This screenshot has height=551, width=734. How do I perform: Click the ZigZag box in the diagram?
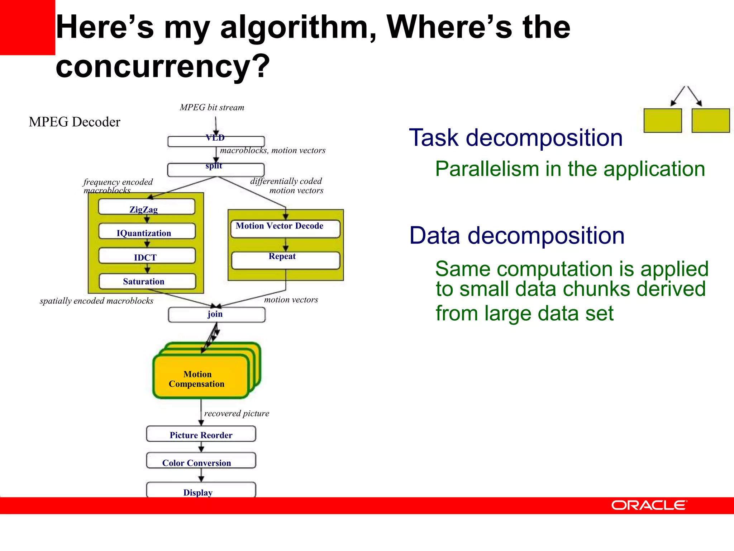[x=147, y=207]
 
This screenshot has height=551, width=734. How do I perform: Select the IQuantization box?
[x=147, y=232]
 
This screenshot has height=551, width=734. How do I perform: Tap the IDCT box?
[x=147, y=256]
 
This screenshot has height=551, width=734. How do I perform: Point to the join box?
[x=216, y=315]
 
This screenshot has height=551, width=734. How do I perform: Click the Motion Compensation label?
[x=197, y=379]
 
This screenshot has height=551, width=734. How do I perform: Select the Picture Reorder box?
[x=201, y=434]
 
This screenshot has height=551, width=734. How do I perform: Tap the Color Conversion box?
[x=201, y=461]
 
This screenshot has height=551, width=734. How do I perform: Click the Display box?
[x=201, y=490]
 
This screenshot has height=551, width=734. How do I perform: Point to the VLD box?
[x=216, y=141]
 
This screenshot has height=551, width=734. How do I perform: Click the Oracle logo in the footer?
[x=649, y=505]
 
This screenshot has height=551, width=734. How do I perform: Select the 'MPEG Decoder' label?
[x=75, y=122]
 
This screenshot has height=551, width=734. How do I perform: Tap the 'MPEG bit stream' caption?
[x=212, y=108]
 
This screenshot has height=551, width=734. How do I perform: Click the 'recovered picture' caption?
[x=237, y=414]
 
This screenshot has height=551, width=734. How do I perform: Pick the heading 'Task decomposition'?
[x=516, y=138]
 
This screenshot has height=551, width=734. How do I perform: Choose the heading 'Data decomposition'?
[x=517, y=236]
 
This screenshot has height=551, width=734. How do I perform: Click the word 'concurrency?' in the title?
[x=162, y=66]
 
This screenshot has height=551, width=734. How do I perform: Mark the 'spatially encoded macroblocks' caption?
[x=96, y=301]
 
